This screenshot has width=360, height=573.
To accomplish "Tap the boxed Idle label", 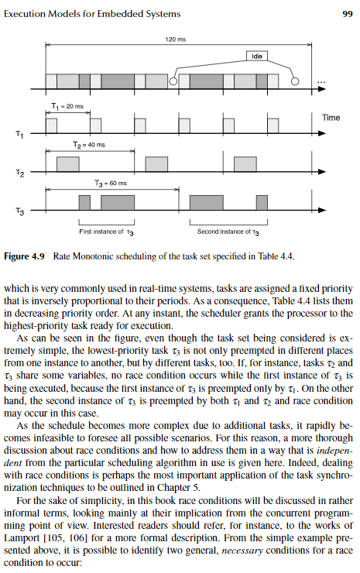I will [258, 56].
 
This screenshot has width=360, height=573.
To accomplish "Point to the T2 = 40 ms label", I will [89, 145].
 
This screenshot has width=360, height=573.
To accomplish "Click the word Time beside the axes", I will [331, 117].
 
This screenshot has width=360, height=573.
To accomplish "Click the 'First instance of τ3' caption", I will [107, 232].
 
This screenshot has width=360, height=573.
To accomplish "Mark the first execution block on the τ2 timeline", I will [67, 163].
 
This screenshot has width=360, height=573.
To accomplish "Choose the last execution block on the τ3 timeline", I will [262, 202].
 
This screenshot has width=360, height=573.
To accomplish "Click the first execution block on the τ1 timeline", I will [51, 125].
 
